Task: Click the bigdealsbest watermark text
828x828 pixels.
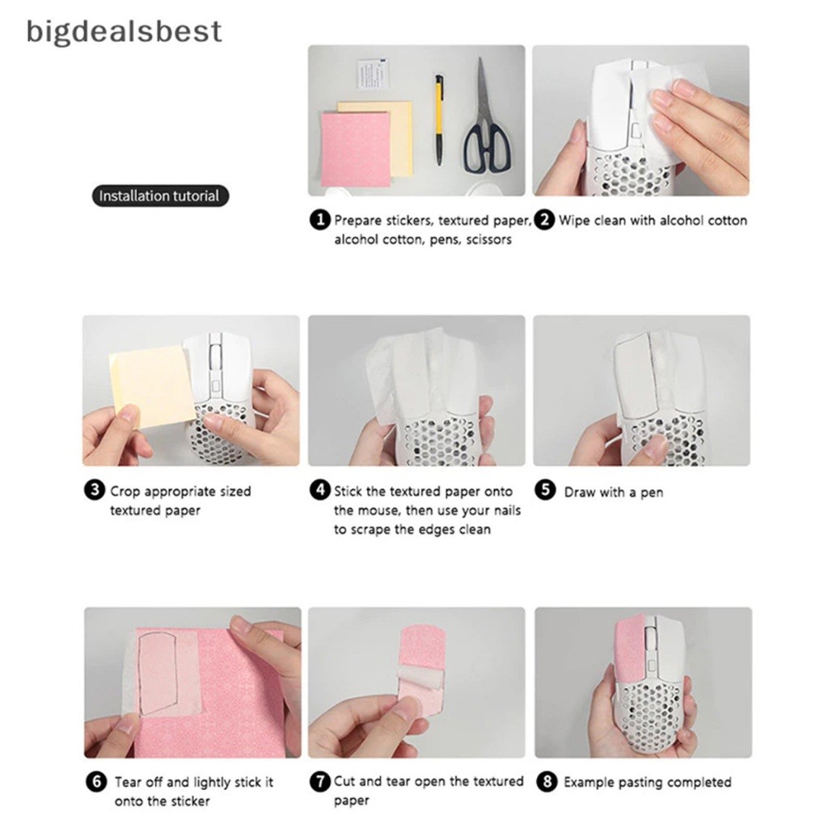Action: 124,32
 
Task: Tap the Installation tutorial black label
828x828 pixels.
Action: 160,196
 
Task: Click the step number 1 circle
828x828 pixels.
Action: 319,220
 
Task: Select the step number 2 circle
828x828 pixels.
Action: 544,220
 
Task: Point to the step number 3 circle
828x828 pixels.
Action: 94,491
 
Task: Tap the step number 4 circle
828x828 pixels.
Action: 319,491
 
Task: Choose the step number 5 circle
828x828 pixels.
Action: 545,491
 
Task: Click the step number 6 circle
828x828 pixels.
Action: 95,782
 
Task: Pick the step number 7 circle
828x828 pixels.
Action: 319,782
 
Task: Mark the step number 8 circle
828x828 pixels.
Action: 547,782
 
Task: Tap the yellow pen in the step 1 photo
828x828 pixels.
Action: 439,120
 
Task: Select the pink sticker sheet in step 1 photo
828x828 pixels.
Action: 357,149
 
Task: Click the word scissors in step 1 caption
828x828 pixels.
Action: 489,239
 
